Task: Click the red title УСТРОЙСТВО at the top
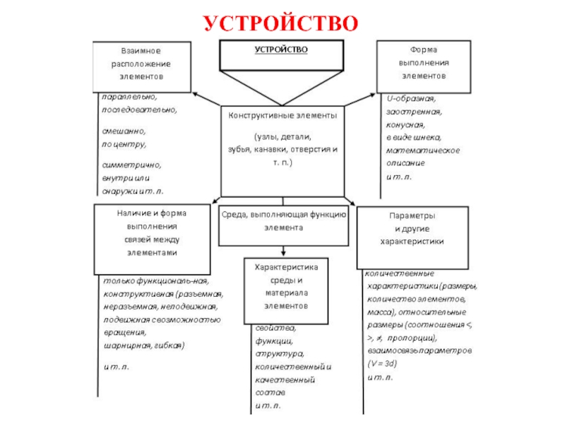tap(282, 23)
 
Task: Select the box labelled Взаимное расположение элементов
tap(141, 66)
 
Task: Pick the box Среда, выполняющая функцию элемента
tap(283, 222)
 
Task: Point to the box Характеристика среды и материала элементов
tap(282, 287)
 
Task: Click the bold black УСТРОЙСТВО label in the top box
tap(281, 49)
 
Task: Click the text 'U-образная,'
tap(411, 98)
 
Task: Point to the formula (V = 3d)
tap(382, 363)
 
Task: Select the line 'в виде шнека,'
tap(414, 137)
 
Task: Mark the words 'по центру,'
tap(124, 144)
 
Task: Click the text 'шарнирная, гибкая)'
tap(143, 346)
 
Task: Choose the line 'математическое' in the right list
tap(423, 150)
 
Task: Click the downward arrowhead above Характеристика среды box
tap(282, 253)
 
